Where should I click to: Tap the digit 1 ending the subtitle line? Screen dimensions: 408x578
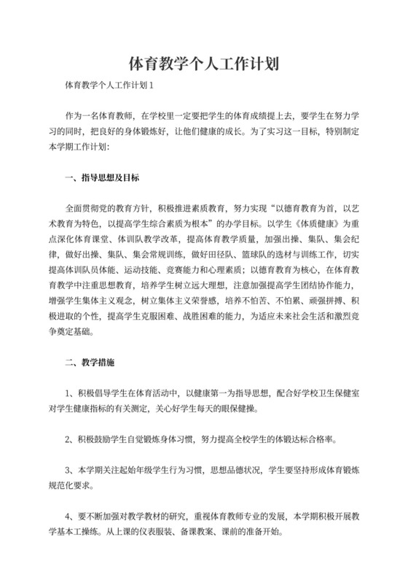(x=151, y=85)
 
